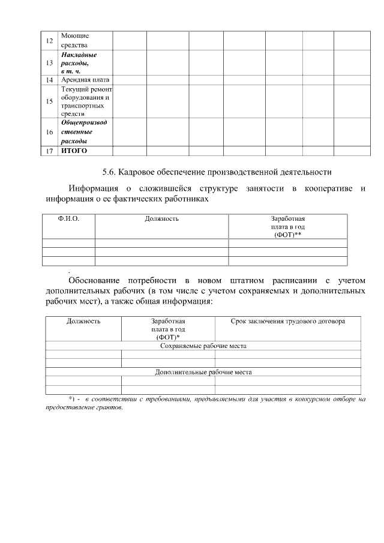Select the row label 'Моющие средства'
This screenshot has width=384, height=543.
coord(74,41)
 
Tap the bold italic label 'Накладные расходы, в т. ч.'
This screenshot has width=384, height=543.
coord(79,63)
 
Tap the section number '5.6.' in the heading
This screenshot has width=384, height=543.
coord(109,172)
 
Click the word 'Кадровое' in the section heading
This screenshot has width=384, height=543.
coord(136,172)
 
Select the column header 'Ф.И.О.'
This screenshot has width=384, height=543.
coord(68,219)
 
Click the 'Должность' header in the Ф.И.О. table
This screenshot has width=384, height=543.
coord(162,219)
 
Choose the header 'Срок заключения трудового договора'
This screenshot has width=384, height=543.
coord(288,321)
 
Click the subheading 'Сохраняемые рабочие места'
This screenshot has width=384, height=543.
coord(203,346)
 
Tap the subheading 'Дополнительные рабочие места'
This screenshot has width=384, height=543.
coord(203,372)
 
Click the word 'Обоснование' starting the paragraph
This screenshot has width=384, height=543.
coord(93,280)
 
